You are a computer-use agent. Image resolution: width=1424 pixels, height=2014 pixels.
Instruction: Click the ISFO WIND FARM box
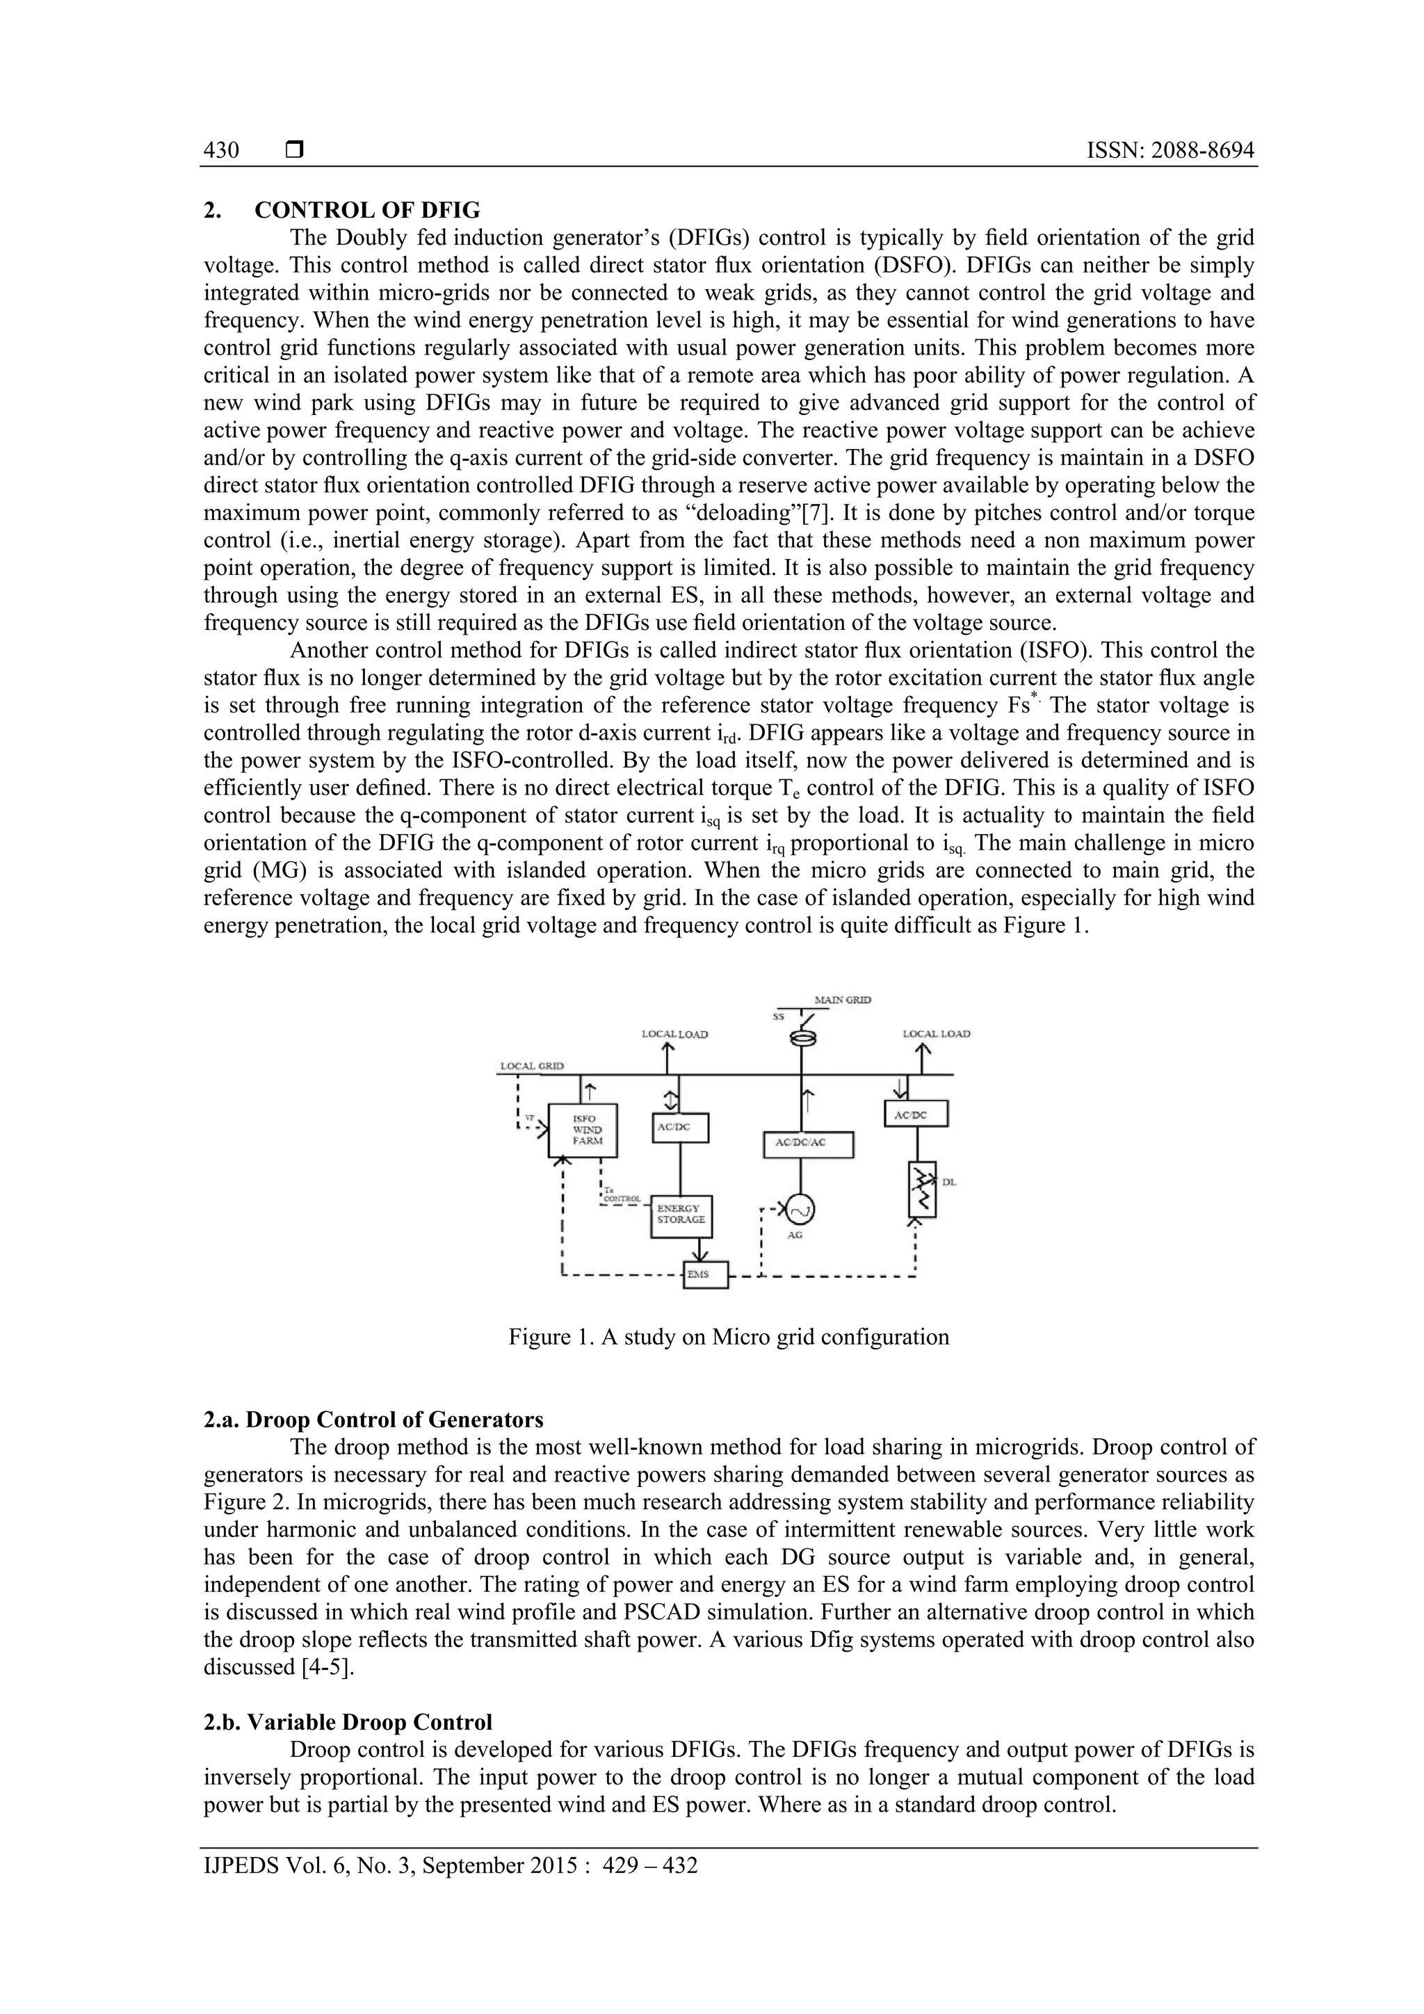tap(582, 1130)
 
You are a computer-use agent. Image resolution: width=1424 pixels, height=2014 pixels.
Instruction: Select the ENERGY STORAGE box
tap(681, 1215)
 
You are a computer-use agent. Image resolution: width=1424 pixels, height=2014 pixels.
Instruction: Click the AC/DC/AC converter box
tap(808, 1144)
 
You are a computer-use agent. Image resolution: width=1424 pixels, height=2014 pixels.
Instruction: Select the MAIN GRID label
tap(842, 1000)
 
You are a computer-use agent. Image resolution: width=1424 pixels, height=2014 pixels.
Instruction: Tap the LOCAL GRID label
tap(532, 1066)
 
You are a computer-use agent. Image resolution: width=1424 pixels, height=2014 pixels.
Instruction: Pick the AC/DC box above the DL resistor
tap(916, 1114)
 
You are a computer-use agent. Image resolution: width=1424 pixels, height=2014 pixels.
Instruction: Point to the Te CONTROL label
tap(622, 1195)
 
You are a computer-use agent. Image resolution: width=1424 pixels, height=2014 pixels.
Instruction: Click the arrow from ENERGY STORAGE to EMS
tap(700, 1250)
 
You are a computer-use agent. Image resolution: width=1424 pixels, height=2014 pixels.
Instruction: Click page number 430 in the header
tap(221, 151)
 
